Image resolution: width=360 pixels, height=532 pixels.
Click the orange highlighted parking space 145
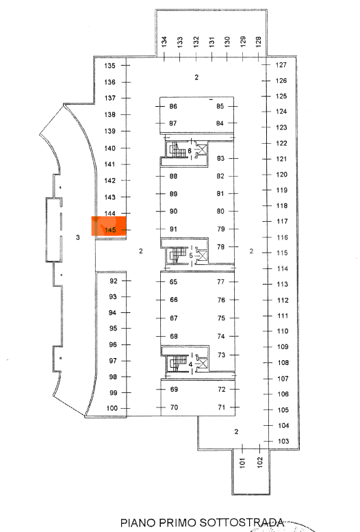click(x=109, y=226)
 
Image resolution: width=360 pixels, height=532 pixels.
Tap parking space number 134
click(x=164, y=42)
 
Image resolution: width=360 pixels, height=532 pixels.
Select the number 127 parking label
click(x=281, y=65)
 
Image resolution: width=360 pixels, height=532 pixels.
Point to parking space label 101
click(x=242, y=463)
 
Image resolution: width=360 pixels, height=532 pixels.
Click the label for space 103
click(x=283, y=441)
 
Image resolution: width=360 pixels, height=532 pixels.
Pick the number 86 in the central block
click(x=173, y=107)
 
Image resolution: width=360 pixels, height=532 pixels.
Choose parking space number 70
click(x=174, y=407)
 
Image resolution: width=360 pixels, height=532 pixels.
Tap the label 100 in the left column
click(x=112, y=408)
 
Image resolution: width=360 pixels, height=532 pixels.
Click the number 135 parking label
click(x=110, y=66)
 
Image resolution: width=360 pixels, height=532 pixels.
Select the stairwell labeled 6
click(x=186, y=150)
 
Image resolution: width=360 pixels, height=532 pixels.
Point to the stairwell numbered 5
click(x=187, y=255)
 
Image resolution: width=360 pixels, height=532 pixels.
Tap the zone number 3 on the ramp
click(x=78, y=237)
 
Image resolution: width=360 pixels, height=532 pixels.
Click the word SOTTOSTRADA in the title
click(x=241, y=522)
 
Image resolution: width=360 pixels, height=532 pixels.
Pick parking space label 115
click(x=282, y=253)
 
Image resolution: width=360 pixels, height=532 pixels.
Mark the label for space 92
click(x=114, y=281)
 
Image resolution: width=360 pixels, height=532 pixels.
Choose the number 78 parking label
click(x=221, y=247)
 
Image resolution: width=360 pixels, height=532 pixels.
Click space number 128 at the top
click(x=259, y=42)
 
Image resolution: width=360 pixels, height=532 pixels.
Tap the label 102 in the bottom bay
click(x=260, y=463)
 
